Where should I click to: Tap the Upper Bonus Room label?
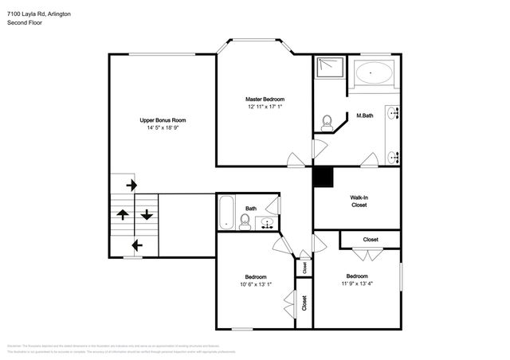168,120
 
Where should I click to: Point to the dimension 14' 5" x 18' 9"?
168,127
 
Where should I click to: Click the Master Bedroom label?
264,99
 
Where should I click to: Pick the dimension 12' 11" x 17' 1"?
264,107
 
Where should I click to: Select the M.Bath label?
365,115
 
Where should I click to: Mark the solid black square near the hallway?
323,176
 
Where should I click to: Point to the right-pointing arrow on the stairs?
131,185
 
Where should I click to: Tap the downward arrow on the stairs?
147,214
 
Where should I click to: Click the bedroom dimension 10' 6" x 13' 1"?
256,284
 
